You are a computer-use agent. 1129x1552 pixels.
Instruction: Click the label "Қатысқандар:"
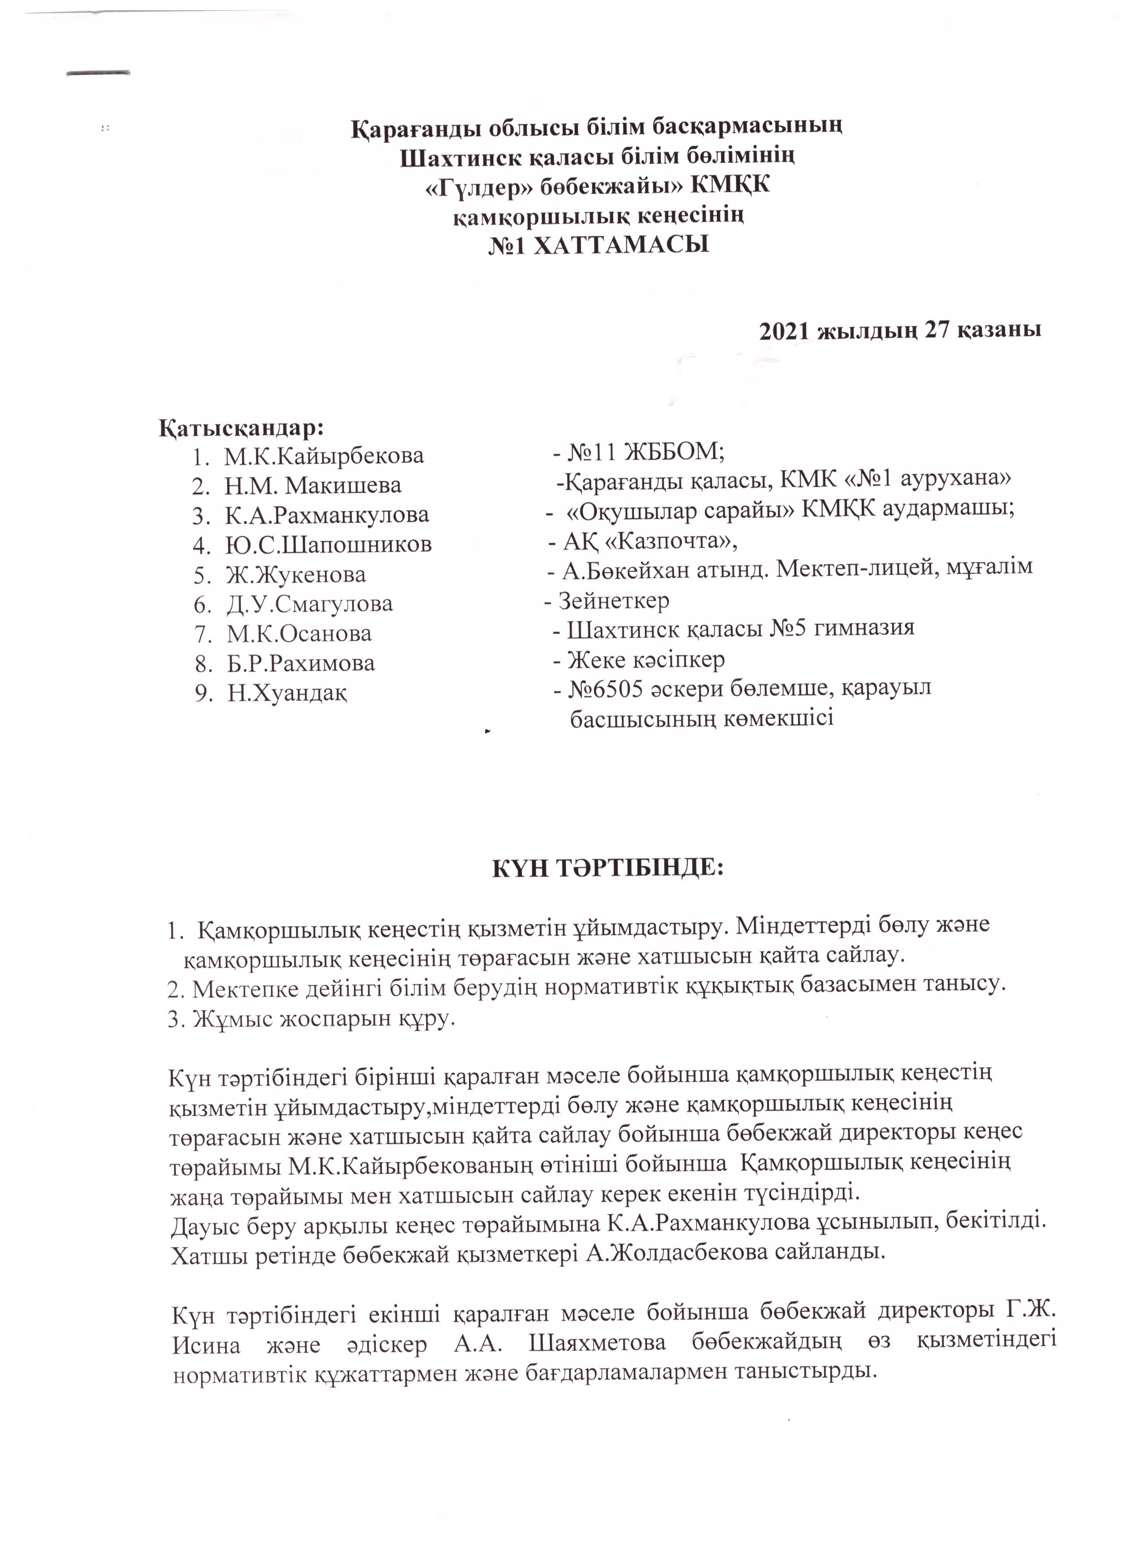[242, 428]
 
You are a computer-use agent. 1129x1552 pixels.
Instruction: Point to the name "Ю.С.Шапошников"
[329, 545]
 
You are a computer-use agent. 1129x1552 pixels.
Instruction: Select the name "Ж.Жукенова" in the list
[296, 575]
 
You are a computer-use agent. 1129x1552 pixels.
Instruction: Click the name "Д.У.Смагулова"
[310, 604]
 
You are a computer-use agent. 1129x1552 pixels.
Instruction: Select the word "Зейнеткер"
[614, 601]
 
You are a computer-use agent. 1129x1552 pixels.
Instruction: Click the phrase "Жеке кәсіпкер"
[646, 660]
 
